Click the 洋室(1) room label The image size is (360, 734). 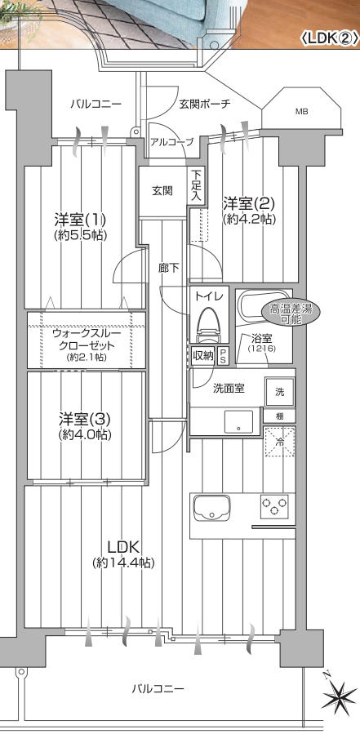81,219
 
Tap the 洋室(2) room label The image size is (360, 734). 248,203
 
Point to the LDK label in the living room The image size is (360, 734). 123,546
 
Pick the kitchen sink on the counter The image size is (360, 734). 212,507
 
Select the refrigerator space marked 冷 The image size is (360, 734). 279,442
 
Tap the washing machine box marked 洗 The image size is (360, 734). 279,392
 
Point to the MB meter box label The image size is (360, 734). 302,112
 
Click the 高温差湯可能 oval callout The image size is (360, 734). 287,314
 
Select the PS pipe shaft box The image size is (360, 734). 223,356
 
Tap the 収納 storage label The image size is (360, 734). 203,356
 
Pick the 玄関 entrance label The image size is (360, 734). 162,190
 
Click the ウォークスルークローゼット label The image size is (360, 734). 87,340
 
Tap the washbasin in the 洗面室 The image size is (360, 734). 238,421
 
